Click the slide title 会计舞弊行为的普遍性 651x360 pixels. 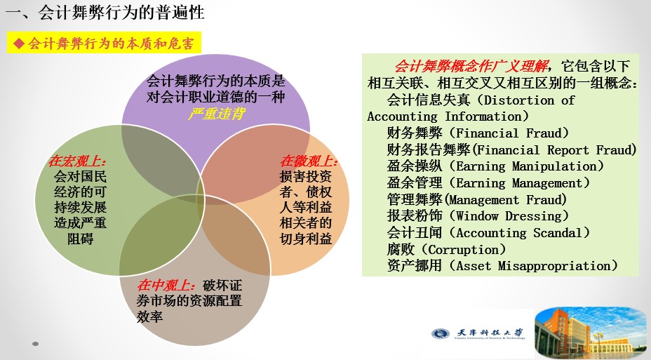tap(121, 13)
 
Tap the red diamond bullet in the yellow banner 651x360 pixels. tap(19, 44)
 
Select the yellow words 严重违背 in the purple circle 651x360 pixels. tap(216, 114)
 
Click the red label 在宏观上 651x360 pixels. tap(77, 161)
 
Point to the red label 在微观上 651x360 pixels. tap(309, 161)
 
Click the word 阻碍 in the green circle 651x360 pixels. tap(80, 239)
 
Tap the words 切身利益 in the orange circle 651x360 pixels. tap(306, 239)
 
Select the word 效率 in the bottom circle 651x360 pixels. tap(149, 316)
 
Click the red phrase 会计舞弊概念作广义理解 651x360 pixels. tap(471, 67)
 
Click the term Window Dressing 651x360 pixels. tap(512, 216)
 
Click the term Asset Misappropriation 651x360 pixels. tap(537, 266)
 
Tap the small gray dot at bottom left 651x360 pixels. tap(35, 344)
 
